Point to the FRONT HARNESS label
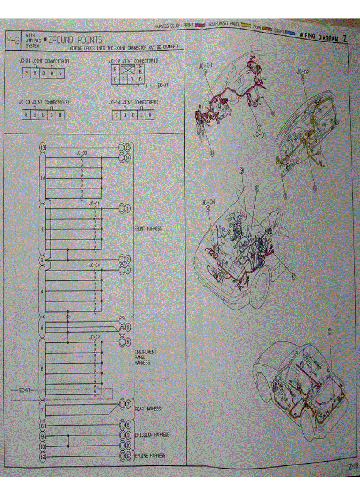point(148,229)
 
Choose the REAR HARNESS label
point(147,409)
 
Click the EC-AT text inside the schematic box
point(25,391)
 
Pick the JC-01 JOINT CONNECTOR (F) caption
point(44,61)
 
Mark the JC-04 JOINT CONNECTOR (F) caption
point(134,102)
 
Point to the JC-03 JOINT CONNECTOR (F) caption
point(44,102)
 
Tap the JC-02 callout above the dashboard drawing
point(302,71)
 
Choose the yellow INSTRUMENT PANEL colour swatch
point(246,26)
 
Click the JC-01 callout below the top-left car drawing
point(259,135)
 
